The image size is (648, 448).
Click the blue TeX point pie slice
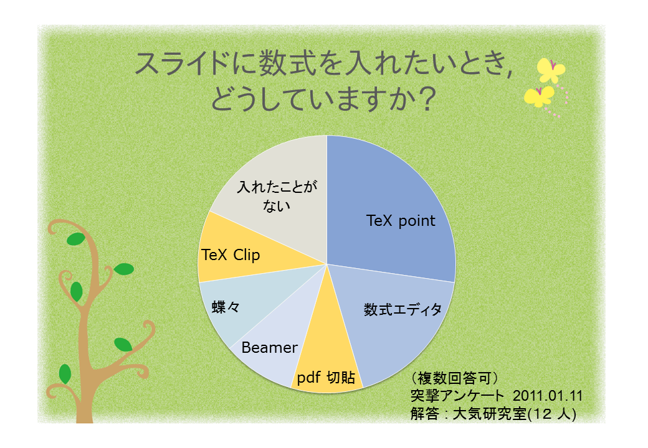[388, 206]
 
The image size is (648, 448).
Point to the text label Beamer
[269, 348]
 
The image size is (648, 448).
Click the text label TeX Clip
[231, 255]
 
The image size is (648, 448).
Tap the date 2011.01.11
[548, 396]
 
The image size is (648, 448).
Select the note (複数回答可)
[455, 378]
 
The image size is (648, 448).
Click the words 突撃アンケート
[457, 396]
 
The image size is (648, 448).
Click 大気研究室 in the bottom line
[490, 414]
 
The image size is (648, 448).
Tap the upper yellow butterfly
[550, 70]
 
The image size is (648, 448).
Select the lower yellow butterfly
[539, 96]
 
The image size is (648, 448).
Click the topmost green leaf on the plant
[75, 239]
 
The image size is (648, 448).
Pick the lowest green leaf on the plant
[65, 374]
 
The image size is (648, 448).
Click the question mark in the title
[424, 99]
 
